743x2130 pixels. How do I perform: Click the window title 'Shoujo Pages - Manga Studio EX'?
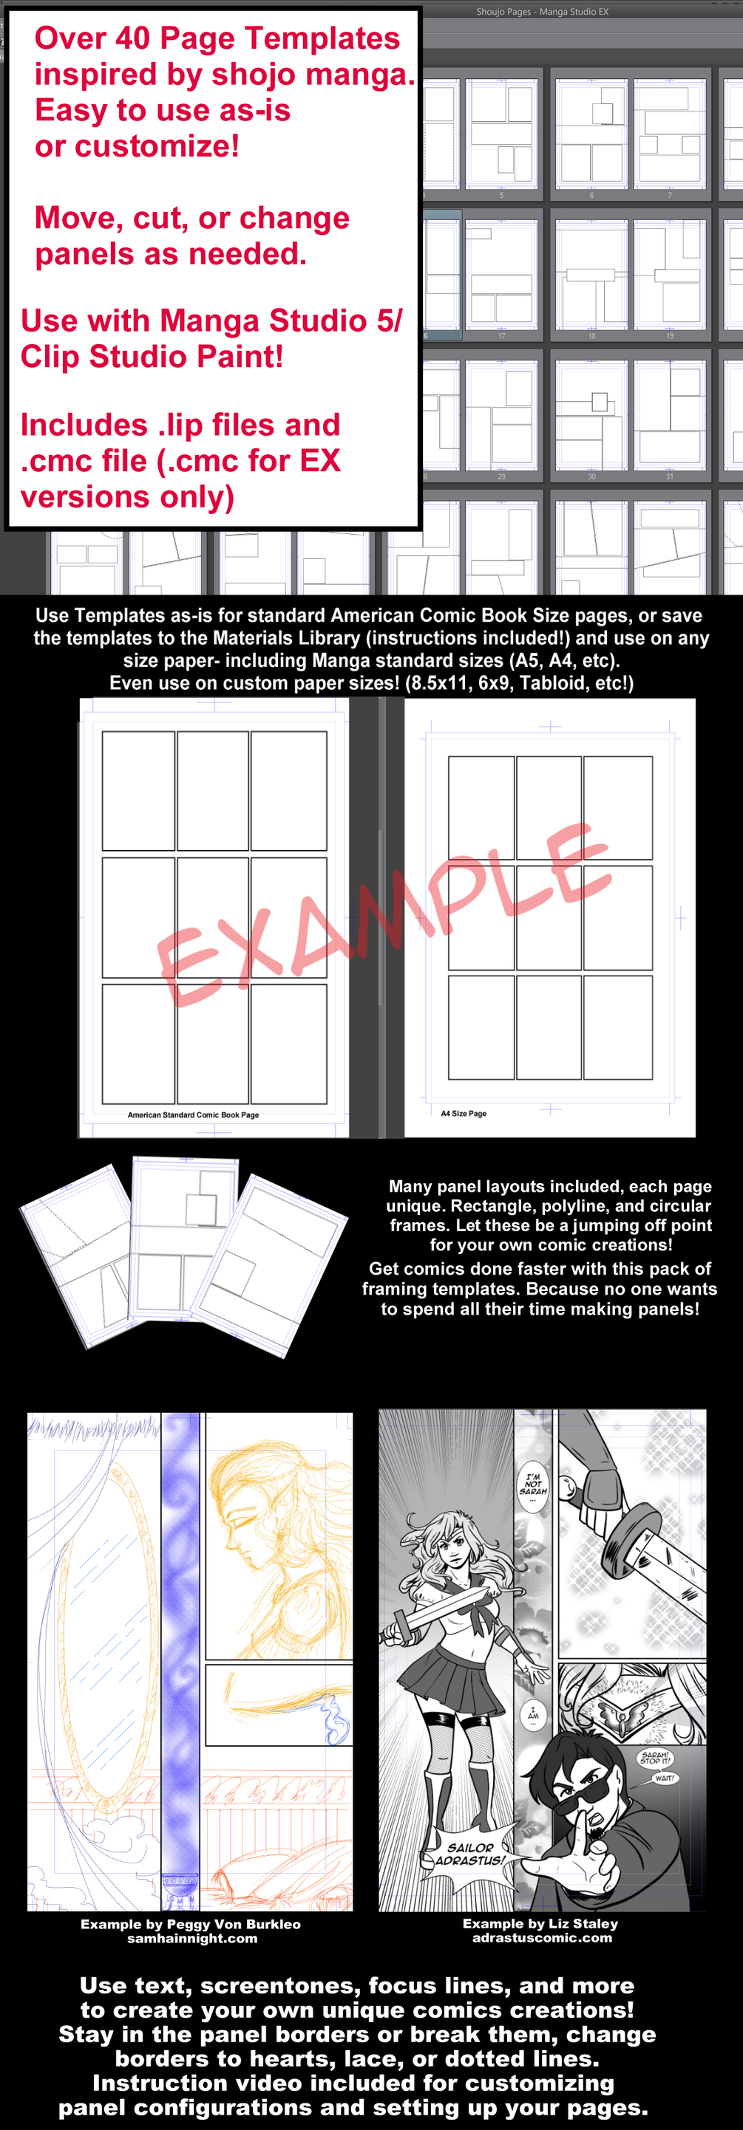click(542, 12)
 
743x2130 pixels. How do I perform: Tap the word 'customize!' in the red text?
click(157, 146)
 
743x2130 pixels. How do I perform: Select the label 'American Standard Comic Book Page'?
click(193, 1114)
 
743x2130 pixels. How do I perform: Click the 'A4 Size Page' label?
click(464, 1114)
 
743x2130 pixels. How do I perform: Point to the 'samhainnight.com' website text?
click(192, 1938)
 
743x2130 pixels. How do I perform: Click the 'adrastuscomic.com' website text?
click(542, 1937)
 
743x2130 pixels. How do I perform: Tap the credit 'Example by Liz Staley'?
click(540, 1923)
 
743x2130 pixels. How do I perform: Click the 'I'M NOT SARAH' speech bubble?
click(533, 1485)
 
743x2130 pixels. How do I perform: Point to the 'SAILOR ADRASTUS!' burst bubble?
click(469, 1854)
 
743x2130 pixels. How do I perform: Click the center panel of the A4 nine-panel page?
click(549, 918)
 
